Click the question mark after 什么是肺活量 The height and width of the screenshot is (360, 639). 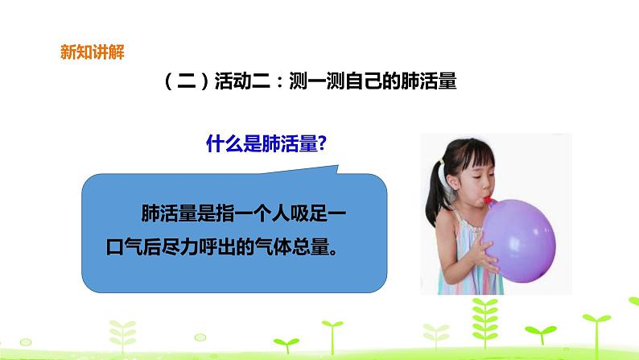[x=320, y=144]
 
